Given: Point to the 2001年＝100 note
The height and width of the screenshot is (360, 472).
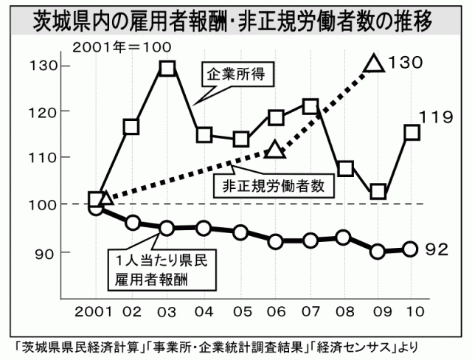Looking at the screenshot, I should pyautogui.click(x=121, y=47).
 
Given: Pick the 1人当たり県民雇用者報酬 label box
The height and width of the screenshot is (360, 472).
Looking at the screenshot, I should pyautogui.click(x=156, y=269).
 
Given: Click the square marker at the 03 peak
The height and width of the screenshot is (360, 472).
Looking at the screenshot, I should pyautogui.click(x=167, y=69).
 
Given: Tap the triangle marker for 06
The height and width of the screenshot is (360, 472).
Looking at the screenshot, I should pyautogui.click(x=274, y=150).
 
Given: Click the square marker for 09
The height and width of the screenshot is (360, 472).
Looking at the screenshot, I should pyautogui.click(x=378, y=192).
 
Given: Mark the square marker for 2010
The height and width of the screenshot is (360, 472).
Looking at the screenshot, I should pyautogui.click(x=412, y=133).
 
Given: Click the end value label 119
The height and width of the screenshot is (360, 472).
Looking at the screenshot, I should pyautogui.click(x=434, y=117).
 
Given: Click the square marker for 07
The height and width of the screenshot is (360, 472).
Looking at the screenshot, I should pyautogui.click(x=310, y=107).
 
